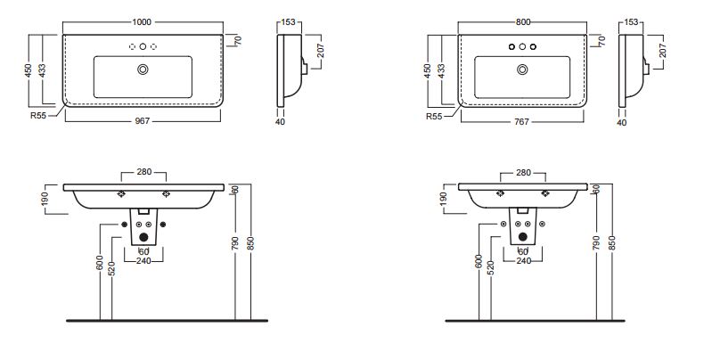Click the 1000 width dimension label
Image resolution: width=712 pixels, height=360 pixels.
[x=142, y=21]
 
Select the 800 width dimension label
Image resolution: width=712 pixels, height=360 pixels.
[x=523, y=21]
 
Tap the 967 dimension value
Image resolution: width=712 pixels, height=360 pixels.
[x=143, y=121]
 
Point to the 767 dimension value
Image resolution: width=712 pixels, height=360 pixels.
[x=522, y=122]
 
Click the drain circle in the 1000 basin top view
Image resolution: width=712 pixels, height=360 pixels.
[x=143, y=70]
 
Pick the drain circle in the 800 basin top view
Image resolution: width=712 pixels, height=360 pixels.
[x=522, y=70]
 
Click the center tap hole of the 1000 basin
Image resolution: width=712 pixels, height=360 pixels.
[x=143, y=46]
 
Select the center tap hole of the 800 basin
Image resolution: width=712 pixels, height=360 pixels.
[x=522, y=46]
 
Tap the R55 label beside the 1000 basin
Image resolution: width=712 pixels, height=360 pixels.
[x=38, y=115]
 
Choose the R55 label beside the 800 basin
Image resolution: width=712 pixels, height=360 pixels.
[x=434, y=116]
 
